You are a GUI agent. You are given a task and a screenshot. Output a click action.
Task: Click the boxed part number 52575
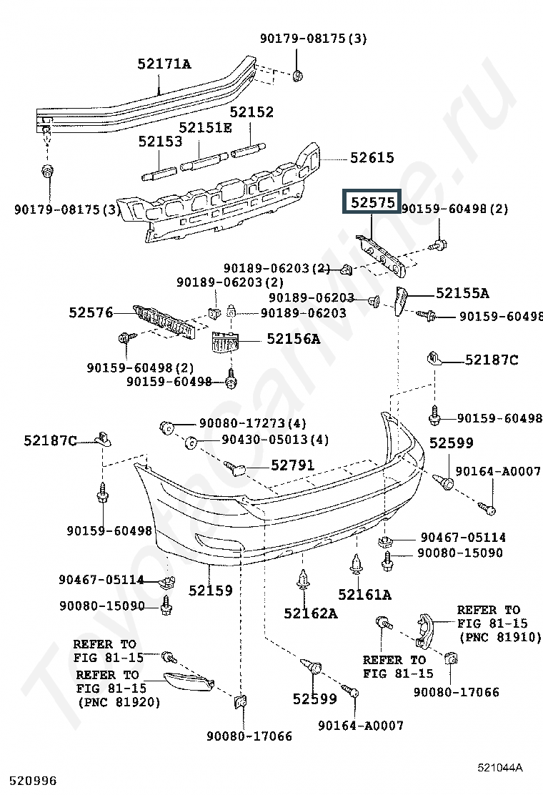click(372, 203)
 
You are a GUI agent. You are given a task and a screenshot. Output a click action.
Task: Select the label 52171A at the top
click(164, 64)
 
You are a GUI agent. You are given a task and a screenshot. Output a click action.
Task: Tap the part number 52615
click(372, 158)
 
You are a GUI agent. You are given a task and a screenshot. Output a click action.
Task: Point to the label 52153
click(161, 142)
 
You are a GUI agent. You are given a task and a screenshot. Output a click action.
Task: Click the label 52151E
click(205, 127)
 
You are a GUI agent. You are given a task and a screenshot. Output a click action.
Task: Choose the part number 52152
click(251, 112)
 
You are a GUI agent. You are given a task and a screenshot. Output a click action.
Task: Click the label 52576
click(91, 312)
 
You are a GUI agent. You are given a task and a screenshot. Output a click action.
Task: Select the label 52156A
click(294, 339)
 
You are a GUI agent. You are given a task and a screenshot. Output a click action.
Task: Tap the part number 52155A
click(462, 293)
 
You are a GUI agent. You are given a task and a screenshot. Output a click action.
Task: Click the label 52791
click(292, 465)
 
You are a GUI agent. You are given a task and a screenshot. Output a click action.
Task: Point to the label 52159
click(211, 591)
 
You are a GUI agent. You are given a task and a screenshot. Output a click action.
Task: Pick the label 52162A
click(310, 613)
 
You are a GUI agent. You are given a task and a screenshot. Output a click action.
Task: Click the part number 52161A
click(364, 594)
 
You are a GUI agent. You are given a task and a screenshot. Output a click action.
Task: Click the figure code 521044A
click(500, 768)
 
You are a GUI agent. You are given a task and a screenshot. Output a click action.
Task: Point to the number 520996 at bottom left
click(33, 781)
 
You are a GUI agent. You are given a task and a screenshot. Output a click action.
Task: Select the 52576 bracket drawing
click(164, 320)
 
